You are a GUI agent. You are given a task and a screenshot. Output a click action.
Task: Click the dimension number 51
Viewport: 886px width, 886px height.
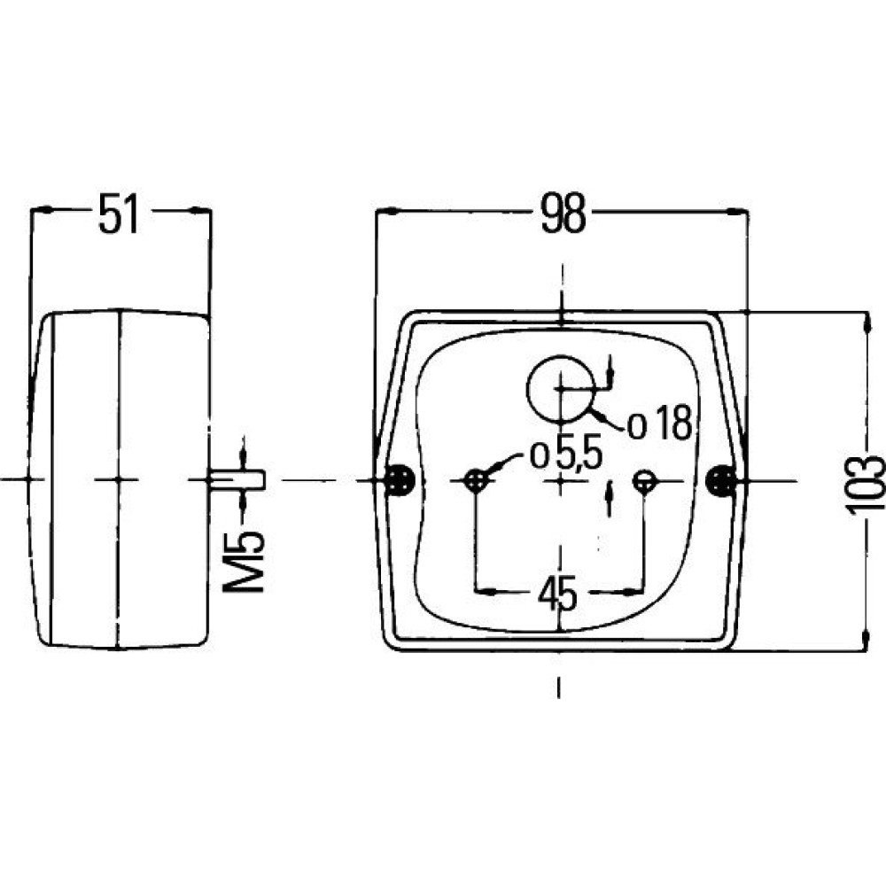click(119, 214)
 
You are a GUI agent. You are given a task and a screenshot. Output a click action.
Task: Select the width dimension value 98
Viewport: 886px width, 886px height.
click(563, 214)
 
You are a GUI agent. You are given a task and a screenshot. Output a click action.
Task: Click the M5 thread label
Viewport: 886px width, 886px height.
click(245, 563)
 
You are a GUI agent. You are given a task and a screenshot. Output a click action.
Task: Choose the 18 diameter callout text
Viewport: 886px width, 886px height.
click(660, 424)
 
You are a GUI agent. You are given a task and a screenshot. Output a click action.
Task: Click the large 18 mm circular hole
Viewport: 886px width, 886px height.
click(561, 389)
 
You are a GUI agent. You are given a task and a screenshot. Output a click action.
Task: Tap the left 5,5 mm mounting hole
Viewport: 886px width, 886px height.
click(477, 481)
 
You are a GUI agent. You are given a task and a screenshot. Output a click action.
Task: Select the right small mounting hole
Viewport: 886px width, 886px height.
click(643, 481)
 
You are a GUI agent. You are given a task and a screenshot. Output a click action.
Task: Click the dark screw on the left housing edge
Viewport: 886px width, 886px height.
click(400, 480)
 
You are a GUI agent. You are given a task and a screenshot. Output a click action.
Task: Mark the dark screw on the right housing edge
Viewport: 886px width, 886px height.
click(721, 480)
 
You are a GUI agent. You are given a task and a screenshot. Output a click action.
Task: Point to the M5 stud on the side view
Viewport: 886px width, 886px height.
click(237, 480)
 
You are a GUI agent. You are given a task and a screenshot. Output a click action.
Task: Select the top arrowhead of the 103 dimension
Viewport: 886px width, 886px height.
click(865, 323)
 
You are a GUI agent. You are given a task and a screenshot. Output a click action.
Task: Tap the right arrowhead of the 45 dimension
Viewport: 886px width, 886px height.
click(633, 592)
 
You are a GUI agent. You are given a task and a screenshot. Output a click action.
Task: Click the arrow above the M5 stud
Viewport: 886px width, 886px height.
click(243, 453)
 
